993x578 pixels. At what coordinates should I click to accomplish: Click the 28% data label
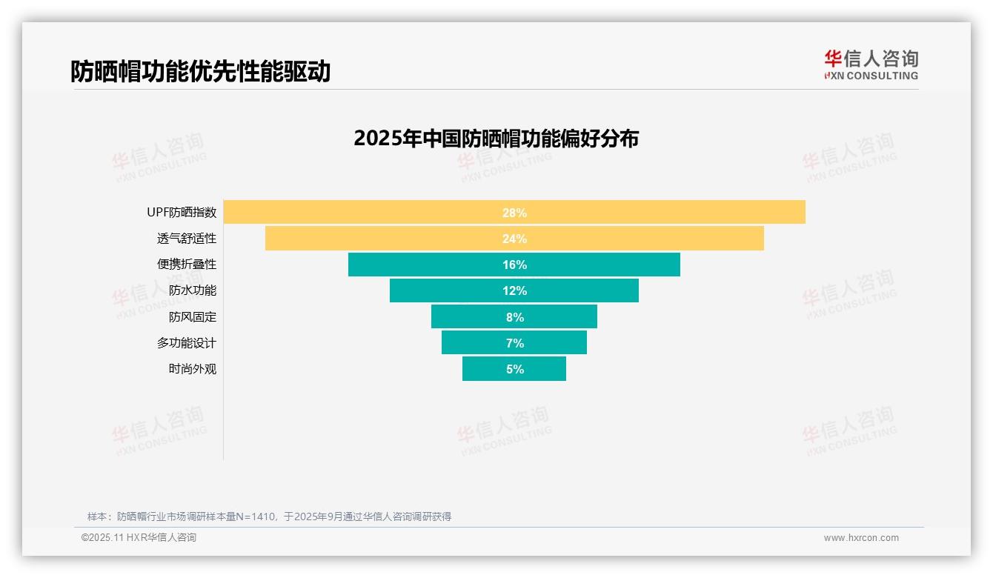[514, 213]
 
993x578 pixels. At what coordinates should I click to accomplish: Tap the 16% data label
[514, 265]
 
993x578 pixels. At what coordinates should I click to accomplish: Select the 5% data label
[514, 369]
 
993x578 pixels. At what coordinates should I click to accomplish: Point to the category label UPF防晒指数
[182, 213]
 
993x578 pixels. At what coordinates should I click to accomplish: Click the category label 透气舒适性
[187, 239]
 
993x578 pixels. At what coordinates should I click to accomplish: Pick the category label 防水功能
[193, 290]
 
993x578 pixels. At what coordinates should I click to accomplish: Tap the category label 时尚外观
[193, 369]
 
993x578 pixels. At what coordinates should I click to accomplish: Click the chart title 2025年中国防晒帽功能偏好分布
[496, 139]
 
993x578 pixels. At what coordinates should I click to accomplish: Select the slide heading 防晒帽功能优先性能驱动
[200, 71]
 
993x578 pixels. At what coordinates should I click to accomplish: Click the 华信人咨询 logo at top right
[871, 64]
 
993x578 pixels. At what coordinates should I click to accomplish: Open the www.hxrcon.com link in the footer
[861, 538]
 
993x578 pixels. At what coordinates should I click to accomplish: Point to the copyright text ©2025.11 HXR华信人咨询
[139, 538]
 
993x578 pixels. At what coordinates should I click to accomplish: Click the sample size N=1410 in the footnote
[256, 516]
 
